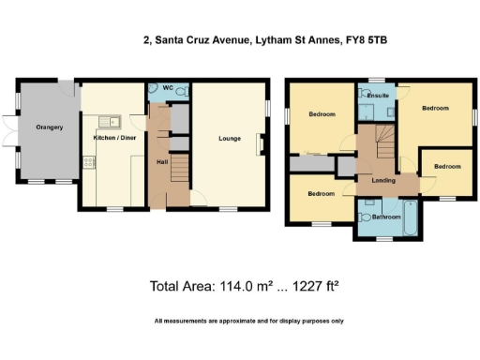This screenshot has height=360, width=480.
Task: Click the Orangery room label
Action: pyautogui.click(x=49, y=127)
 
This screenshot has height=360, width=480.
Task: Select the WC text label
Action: pyautogui.click(x=169, y=90)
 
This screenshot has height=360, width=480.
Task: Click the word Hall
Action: pyautogui.click(x=160, y=161)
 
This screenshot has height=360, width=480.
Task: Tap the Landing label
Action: pyautogui.click(x=382, y=179)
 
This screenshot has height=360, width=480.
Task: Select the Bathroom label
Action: pyautogui.click(x=385, y=217)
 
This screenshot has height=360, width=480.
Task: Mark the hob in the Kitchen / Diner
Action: pyautogui.click(x=90, y=162)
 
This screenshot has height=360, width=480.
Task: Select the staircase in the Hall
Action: pyautogui.click(x=180, y=170)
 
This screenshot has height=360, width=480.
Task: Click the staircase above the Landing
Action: pyautogui.click(x=383, y=145)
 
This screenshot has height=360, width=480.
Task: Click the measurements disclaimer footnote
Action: pyautogui.click(x=248, y=322)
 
